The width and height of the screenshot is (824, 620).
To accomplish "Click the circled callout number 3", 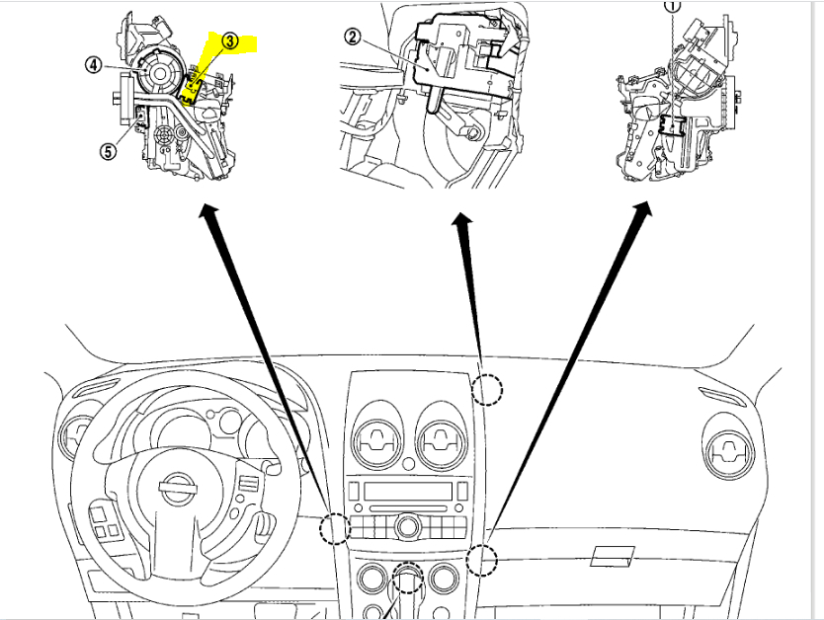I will tap(229, 41).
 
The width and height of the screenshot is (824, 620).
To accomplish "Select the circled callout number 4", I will tap(93, 65).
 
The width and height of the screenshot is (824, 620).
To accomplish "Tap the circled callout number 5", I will tap(107, 151).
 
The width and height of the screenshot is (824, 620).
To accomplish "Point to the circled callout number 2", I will tap(354, 38).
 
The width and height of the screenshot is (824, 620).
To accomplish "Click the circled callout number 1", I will tap(673, 5).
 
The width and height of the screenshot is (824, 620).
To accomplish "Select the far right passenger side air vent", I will tap(732, 451).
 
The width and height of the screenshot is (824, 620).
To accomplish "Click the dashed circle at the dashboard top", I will tap(486, 390).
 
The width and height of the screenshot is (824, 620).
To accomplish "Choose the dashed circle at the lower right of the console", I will tap(481, 559).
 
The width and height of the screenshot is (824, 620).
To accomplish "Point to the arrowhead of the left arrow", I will tap(208, 210).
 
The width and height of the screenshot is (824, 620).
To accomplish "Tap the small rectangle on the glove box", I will tap(612, 558).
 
